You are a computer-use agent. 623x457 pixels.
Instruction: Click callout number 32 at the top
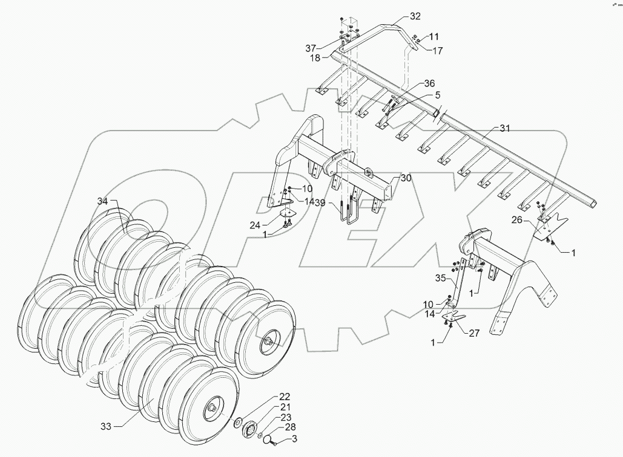click(415, 16)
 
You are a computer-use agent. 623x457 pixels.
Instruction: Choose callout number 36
click(429, 83)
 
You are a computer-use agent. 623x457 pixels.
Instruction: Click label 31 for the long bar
click(505, 128)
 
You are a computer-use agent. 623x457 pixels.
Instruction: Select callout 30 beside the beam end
click(405, 178)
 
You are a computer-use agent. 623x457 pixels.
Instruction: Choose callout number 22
click(284, 397)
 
